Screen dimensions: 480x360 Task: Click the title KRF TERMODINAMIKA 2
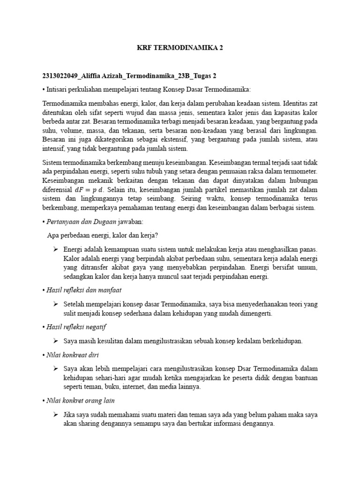pos(180,48)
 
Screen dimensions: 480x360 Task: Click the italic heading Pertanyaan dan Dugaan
pos(75,221)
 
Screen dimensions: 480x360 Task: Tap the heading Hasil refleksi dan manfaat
pos(83,291)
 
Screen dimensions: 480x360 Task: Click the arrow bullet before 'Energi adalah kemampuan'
pos(55,249)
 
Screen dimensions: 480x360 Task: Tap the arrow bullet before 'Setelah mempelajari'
pos(55,304)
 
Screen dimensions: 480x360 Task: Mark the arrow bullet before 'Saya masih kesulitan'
pos(55,341)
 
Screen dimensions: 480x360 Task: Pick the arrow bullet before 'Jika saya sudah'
pos(55,415)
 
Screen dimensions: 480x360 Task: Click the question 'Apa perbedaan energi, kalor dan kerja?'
pos(105,235)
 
